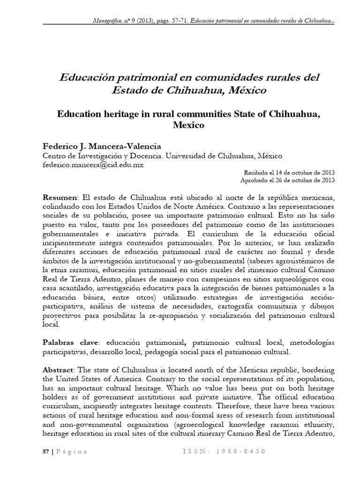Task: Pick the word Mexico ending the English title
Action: click(x=189, y=126)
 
